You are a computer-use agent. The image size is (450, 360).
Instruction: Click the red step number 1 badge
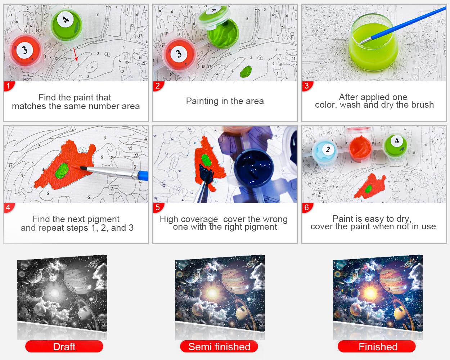pos(9,86)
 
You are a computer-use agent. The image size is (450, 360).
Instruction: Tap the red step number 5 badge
pos(158,208)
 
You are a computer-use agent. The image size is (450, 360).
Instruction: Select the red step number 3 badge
pos(307,86)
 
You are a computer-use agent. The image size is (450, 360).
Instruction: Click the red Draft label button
pos(64,347)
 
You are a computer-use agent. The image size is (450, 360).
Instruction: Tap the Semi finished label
pos(219,347)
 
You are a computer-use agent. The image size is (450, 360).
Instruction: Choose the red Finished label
pos(377,347)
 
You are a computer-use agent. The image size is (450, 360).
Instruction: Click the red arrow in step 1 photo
pos(76,54)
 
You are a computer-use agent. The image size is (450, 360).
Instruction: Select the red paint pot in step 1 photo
pos(26,51)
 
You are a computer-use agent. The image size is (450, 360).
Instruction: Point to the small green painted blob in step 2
pos(246,71)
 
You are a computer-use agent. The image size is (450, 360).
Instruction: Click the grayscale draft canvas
pos(62,293)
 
